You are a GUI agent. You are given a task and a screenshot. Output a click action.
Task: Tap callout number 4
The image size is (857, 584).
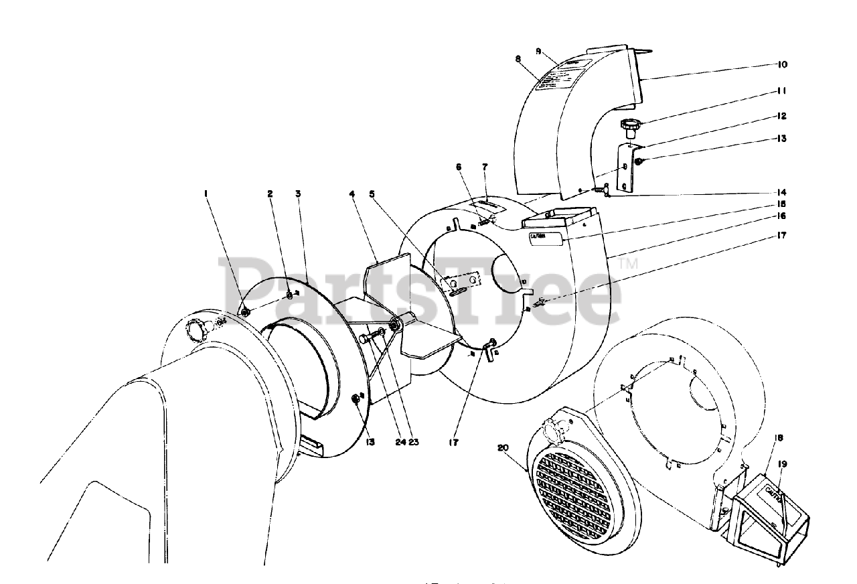click(352, 194)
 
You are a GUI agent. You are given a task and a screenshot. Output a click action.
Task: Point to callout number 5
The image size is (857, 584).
click(372, 194)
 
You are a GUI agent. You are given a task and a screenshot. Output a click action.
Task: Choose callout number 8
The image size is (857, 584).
click(518, 59)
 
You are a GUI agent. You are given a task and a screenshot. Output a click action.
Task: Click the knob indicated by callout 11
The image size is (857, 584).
click(629, 124)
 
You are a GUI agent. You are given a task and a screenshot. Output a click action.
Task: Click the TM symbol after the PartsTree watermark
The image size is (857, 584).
click(629, 264)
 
